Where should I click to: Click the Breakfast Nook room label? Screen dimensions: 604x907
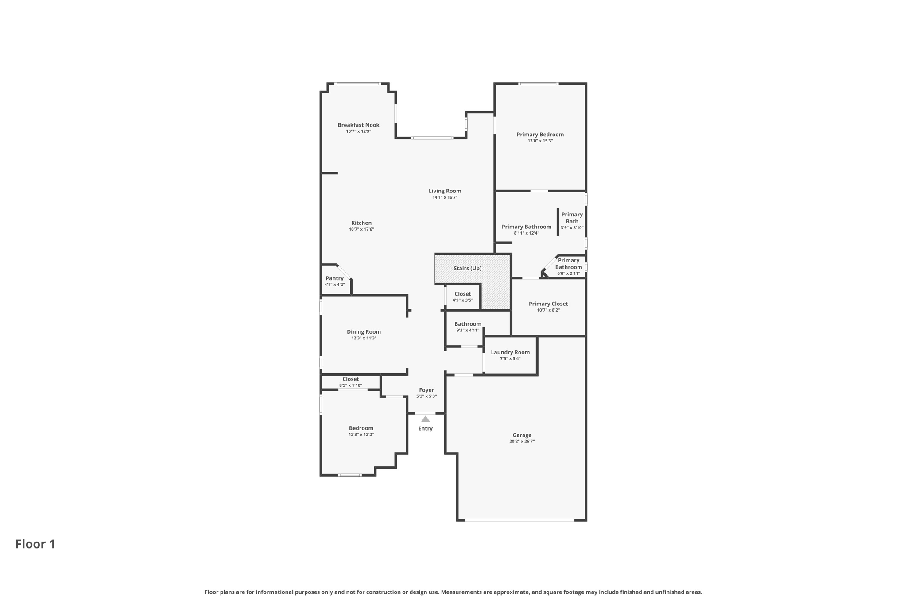click(x=358, y=125)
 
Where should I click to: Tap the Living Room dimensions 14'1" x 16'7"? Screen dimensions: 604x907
click(x=445, y=197)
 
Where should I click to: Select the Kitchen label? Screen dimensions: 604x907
click(x=361, y=223)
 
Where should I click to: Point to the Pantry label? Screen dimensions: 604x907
click(x=334, y=278)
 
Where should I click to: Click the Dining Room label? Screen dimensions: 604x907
click(x=364, y=332)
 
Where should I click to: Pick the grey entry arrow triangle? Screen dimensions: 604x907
click(x=425, y=419)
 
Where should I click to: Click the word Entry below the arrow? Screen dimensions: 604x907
click(x=425, y=428)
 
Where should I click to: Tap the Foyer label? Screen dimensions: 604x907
click(x=426, y=390)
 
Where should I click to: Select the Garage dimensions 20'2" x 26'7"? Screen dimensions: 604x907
click(x=522, y=442)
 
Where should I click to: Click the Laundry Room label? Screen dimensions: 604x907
click(x=510, y=353)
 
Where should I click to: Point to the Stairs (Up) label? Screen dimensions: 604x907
click(x=467, y=269)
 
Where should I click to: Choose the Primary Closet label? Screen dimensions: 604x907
click(x=548, y=304)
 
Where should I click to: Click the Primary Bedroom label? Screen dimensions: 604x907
click(x=540, y=135)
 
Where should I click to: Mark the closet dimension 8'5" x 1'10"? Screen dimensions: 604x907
click(x=350, y=385)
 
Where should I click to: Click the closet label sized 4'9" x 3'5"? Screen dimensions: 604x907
click(x=462, y=294)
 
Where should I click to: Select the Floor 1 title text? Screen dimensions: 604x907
click(x=35, y=544)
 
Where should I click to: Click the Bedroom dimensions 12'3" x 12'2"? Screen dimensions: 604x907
click(x=361, y=435)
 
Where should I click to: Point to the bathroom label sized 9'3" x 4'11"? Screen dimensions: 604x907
click(x=468, y=324)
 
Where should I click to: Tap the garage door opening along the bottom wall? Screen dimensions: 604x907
click(x=519, y=520)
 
